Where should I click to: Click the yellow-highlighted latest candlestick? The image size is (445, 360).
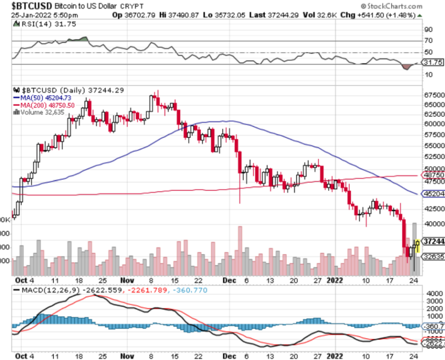417,245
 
